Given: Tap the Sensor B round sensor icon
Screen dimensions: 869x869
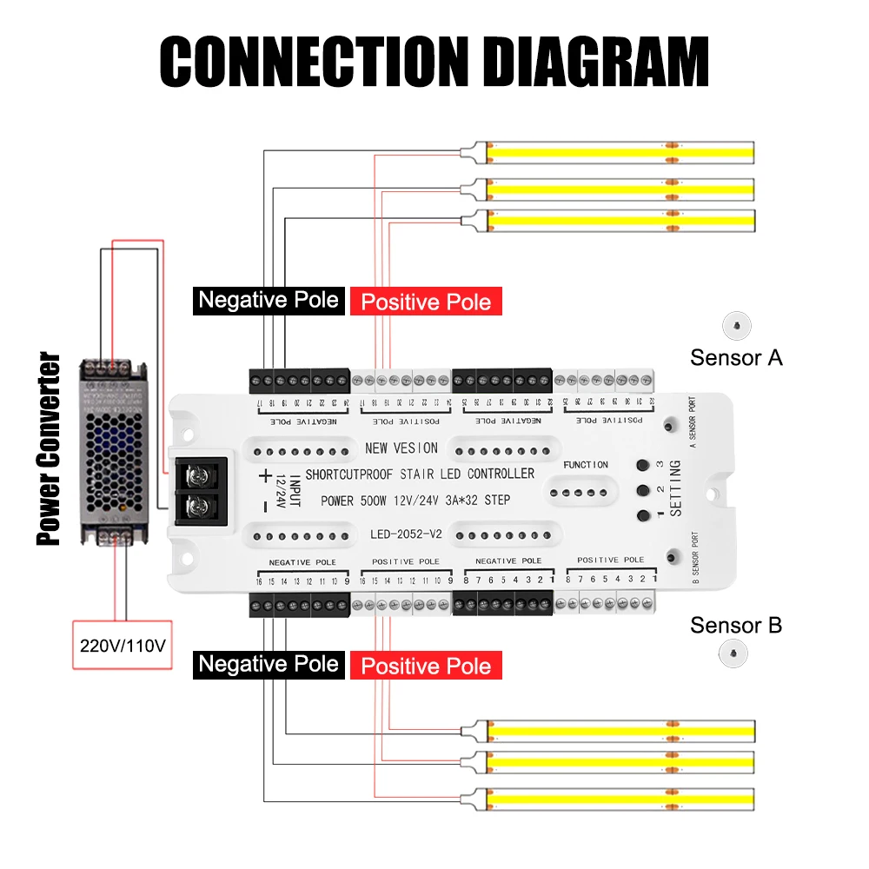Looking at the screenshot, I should coord(735,653).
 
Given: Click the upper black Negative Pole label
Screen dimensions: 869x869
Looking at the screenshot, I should coord(269,300).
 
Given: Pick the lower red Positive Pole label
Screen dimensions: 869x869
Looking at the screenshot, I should coord(426,667).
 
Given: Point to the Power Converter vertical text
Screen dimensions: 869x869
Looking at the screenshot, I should coord(49,448).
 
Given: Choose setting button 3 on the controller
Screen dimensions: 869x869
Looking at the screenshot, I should coord(643,465).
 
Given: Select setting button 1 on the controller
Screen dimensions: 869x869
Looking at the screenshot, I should coord(643,515).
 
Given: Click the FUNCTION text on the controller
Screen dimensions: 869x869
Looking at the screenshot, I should coord(586,465).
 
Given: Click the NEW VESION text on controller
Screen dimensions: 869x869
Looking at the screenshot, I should coord(401,448).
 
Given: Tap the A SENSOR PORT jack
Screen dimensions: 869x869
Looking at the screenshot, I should coord(670,426).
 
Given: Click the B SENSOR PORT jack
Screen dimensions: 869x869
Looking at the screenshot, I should coord(670,556).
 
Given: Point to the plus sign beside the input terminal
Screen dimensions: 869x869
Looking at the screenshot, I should coord(264,475).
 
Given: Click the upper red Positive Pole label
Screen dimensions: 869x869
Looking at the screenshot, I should coord(426,302).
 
